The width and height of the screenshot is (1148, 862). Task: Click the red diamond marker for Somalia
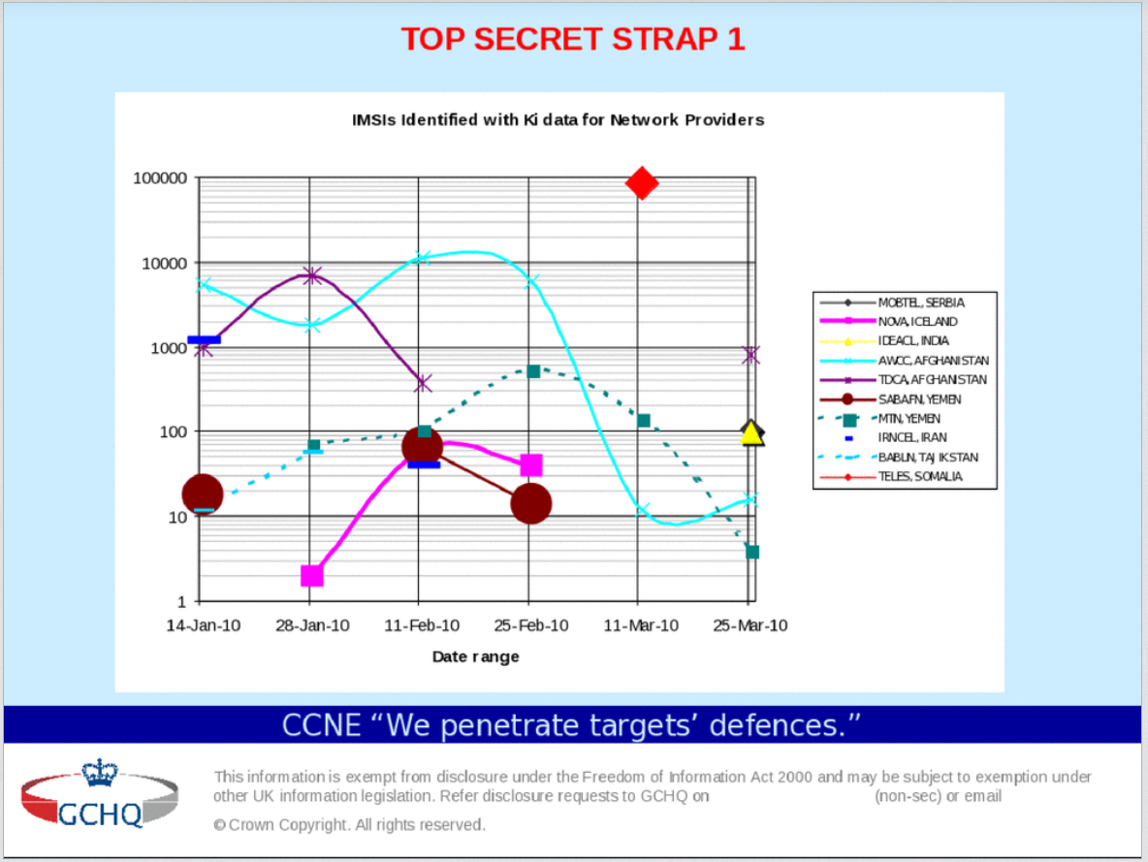(641, 183)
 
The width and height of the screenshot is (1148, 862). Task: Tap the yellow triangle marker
(751, 434)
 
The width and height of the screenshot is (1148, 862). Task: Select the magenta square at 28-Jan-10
(312, 576)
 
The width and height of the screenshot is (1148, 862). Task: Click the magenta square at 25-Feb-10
(530, 465)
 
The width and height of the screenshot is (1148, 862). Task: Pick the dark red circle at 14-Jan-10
(202, 495)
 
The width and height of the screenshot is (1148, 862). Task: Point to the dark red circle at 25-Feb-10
(530, 504)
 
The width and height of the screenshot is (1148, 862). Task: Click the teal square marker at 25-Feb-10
(533, 372)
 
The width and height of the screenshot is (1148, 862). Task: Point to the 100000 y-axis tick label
(160, 178)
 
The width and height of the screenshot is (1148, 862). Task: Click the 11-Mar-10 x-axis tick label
(641, 625)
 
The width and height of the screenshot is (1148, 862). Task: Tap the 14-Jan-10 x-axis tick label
(203, 625)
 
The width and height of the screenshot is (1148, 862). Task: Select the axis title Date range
(475, 656)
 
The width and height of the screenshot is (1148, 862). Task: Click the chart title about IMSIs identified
(558, 119)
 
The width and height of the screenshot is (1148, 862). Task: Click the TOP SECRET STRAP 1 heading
(572, 40)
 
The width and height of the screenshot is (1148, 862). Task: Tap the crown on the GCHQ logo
(100, 773)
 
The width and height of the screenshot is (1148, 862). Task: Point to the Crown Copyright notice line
(349, 824)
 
